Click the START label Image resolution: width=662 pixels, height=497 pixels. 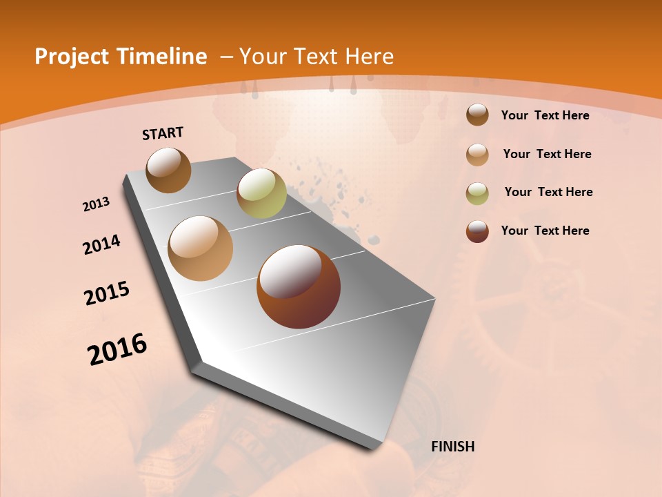click(x=163, y=133)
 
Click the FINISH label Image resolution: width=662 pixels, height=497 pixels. click(x=452, y=447)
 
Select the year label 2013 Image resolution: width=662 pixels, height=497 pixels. click(x=96, y=204)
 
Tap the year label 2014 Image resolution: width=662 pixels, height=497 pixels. click(x=101, y=244)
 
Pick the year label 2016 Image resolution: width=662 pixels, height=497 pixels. click(x=117, y=349)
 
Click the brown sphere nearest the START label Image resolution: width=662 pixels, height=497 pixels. click(x=168, y=170)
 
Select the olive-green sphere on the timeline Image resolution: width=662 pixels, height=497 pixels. click(x=261, y=193)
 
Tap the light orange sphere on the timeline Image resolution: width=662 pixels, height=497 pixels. click(x=200, y=248)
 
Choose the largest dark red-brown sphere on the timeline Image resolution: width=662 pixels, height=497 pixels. click(x=299, y=286)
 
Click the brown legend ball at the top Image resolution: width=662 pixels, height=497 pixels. click(x=477, y=115)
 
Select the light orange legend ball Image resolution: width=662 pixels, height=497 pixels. click(x=477, y=154)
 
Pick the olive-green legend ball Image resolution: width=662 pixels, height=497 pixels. click(x=477, y=193)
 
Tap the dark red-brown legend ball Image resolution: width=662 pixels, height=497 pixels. click(x=477, y=231)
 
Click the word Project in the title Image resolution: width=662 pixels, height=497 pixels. click(x=71, y=57)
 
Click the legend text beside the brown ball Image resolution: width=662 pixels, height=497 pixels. click(x=545, y=115)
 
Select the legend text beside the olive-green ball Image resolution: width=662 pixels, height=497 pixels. click(x=548, y=192)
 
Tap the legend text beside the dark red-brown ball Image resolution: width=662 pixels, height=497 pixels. click(x=545, y=231)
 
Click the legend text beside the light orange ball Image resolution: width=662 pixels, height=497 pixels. click(x=547, y=154)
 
